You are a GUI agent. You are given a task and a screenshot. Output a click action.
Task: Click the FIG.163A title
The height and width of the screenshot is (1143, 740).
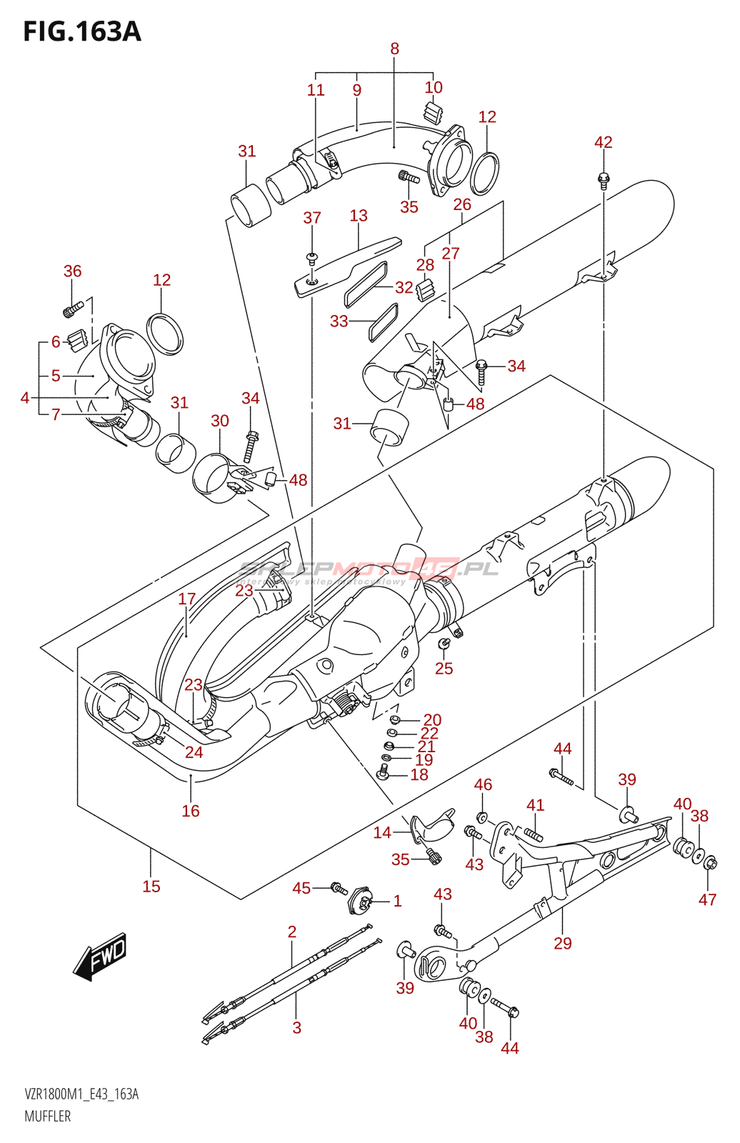click(82, 32)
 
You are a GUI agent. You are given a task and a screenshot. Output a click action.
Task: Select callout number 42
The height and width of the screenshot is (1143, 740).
click(603, 142)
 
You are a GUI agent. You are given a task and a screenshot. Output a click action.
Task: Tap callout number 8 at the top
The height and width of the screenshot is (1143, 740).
click(394, 49)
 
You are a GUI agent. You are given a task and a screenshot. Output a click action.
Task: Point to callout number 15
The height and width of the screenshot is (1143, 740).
click(151, 886)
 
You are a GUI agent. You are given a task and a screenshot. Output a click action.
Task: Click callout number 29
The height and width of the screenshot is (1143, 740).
click(563, 943)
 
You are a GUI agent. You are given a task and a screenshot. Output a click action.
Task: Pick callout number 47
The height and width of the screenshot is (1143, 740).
click(707, 899)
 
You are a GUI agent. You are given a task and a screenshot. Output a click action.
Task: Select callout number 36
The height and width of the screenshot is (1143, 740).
click(72, 271)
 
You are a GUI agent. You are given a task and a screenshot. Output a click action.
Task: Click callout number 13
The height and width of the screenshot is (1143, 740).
click(359, 215)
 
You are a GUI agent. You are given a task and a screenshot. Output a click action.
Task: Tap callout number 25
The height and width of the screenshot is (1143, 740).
click(444, 668)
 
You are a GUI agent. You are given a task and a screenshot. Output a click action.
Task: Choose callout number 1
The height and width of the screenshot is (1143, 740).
click(397, 901)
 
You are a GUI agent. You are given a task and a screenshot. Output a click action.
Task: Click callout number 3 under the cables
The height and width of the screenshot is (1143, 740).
click(296, 1027)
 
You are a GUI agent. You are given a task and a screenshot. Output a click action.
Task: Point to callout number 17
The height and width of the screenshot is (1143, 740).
click(186, 599)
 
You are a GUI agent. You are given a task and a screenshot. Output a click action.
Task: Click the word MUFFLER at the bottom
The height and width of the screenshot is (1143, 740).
click(48, 1116)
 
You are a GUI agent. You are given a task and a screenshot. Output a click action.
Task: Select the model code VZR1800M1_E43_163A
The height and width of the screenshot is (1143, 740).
click(81, 1094)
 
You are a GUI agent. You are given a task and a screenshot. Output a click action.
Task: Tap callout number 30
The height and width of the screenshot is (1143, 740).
click(219, 421)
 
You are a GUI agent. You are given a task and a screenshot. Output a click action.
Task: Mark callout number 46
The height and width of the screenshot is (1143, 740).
click(483, 784)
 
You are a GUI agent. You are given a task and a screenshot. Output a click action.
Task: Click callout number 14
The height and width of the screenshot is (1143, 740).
click(382, 832)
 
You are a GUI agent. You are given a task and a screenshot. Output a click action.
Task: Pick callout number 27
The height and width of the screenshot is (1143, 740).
click(450, 253)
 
